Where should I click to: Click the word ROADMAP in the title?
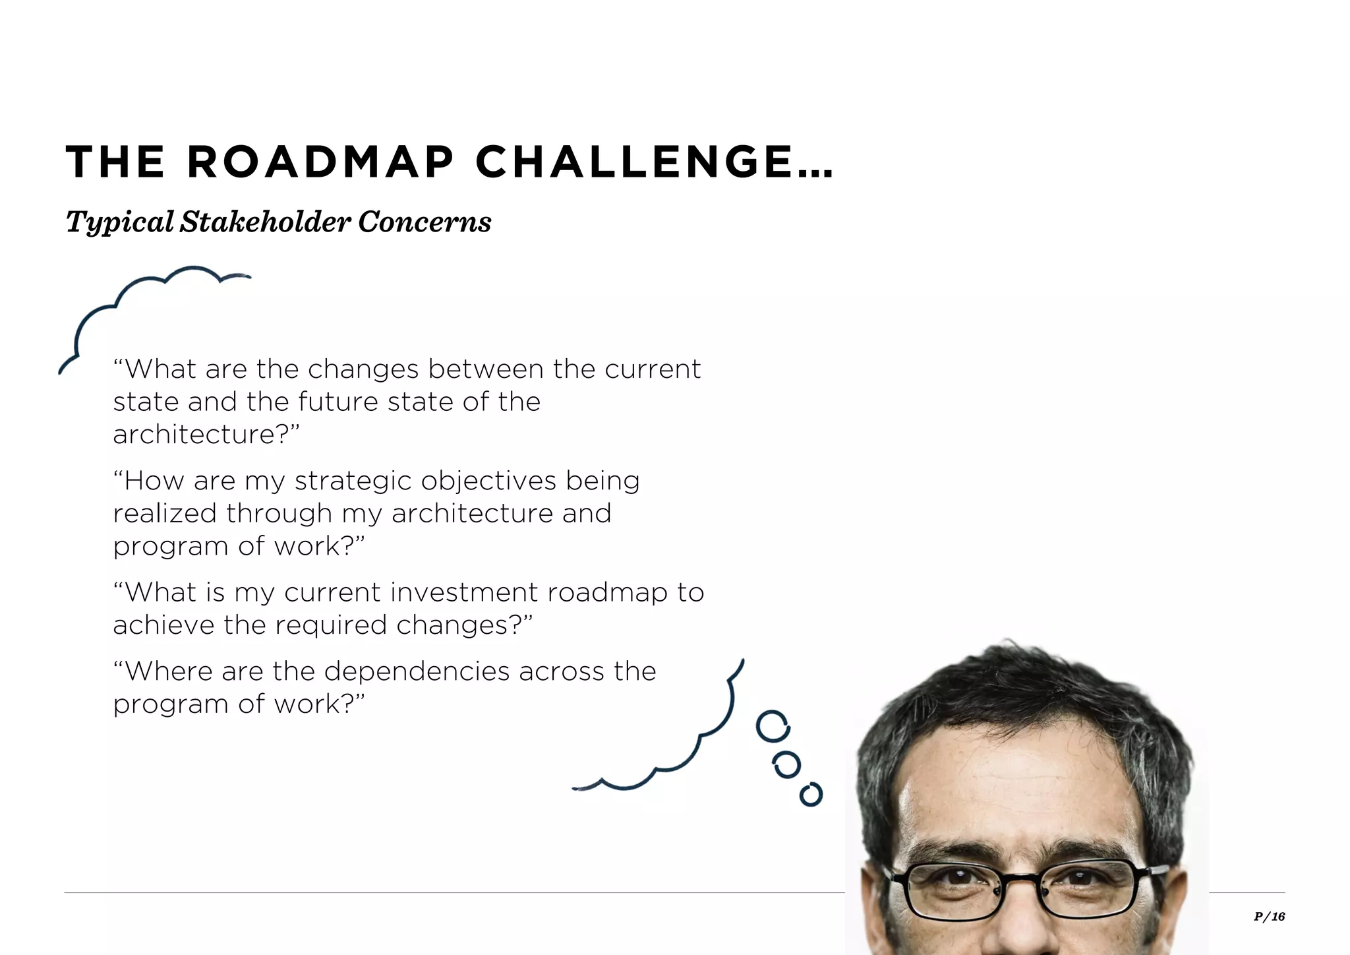[x=321, y=162]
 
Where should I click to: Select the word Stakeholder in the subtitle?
[x=265, y=222]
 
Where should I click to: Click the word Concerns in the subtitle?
[x=425, y=222]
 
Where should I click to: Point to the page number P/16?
[x=1269, y=916]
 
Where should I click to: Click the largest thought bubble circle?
[x=773, y=727]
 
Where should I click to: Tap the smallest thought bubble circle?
[x=811, y=794]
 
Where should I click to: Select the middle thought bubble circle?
[x=786, y=765]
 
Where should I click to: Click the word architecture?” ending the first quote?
[x=206, y=435]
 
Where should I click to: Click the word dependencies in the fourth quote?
[x=417, y=671]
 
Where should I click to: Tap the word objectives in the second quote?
[x=488, y=481]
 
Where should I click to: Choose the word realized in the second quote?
[x=165, y=513]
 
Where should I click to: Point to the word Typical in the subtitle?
[x=120, y=222]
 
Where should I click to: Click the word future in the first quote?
[x=338, y=402]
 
